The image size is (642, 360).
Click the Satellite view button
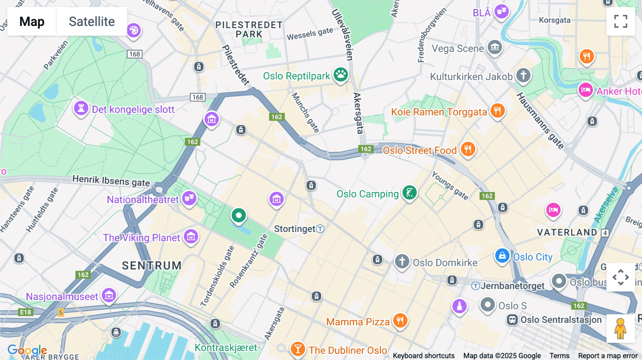pyautogui.click(x=92, y=21)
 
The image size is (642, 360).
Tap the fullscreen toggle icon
pyautogui.click(x=621, y=21)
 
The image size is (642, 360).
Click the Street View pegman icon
pyautogui.click(x=621, y=328)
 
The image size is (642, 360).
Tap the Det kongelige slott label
pyautogui.click(x=133, y=109)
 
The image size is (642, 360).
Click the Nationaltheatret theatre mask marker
pyautogui.click(x=189, y=198)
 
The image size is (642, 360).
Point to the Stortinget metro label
pyautogui.click(x=295, y=229)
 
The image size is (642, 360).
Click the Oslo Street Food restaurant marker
pyautogui.click(x=468, y=149)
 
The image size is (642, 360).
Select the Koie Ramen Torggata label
pyautogui.click(x=439, y=112)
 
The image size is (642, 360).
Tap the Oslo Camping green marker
pyautogui.click(x=409, y=193)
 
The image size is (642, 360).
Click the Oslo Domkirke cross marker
pyautogui.click(x=402, y=261)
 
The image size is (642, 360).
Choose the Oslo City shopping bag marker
pyautogui.click(x=502, y=256)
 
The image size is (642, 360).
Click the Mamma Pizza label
pyautogui.click(x=358, y=322)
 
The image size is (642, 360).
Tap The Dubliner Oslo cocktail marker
pyautogui.click(x=298, y=349)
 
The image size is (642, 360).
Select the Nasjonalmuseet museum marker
pyautogui.click(x=109, y=295)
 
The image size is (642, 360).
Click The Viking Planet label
pyautogui.click(x=142, y=238)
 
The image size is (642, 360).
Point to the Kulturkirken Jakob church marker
pyautogui.click(x=523, y=76)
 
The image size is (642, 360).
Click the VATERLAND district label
pyautogui.click(x=567, y=232)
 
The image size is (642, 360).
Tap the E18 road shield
pyautogui.click(x=26, y=312)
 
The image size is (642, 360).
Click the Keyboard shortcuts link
pyautogui.click(x=423, y=356)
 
